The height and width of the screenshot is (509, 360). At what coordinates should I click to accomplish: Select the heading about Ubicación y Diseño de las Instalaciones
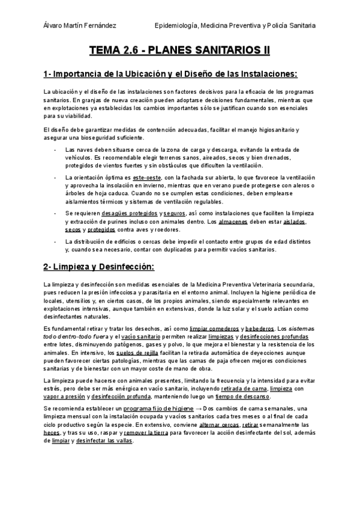click(x=170, y=74)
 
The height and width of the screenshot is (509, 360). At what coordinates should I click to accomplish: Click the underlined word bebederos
click(x=258, y=329)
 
